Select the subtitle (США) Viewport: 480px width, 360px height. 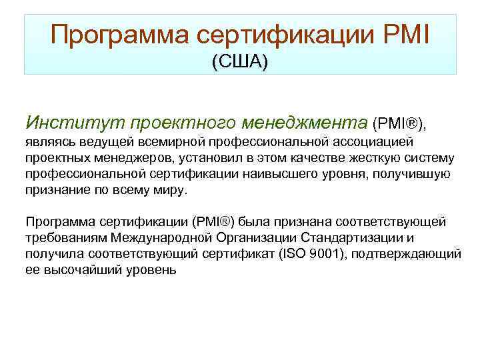[239, 63]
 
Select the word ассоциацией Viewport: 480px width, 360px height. [377, 142]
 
